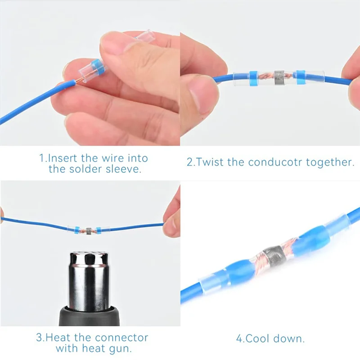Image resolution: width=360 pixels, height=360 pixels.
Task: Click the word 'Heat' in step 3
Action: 59,337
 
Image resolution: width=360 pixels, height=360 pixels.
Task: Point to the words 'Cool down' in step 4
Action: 275,338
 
